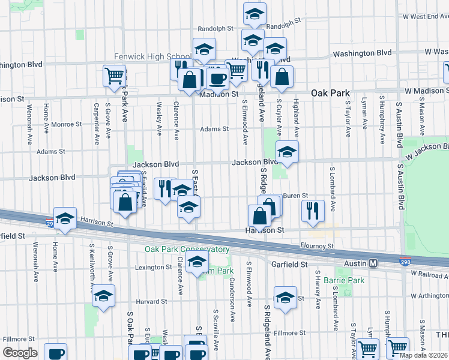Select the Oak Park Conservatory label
(x=186, y=249)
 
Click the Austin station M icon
(x=373, y=263)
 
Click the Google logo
(x=20, y=353)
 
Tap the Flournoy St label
(x=317, y=246)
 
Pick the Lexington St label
(x=149, y=267)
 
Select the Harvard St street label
(x=150, y=301)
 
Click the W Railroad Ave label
(x=429, y=274)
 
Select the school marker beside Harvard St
(x=103, y=296)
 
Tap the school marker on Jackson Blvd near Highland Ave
(x=287, y=152)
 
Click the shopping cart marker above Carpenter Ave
(x=114, y=76)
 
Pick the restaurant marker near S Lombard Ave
(x=312, y=211)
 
